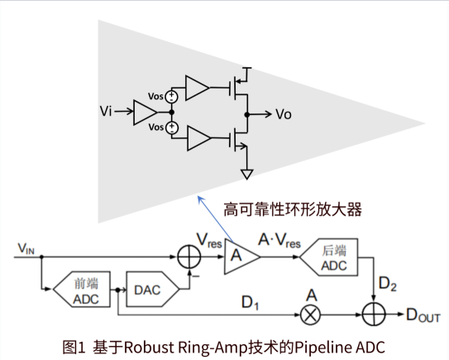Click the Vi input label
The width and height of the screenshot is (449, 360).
[106, 111]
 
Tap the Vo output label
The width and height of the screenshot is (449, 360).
[284, 114]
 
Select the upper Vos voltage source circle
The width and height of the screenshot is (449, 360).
[171, 96]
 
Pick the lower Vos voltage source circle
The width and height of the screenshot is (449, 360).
[172, 127]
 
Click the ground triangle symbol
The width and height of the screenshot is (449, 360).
[247, 175]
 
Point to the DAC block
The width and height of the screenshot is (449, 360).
[153, 289]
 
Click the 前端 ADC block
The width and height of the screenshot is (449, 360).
[82, 290]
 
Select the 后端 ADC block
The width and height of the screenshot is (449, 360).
[329, 257]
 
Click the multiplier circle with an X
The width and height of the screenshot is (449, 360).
[310, 314]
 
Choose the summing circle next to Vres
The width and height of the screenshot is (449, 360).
[189, 257]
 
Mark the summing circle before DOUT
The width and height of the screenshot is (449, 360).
[374, 314]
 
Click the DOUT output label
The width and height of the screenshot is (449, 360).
[423, 315]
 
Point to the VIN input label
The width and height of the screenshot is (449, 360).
[26, 248]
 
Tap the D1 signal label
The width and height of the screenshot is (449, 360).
[250, 302]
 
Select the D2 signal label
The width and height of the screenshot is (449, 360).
[388, 284]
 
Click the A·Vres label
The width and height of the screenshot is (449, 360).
[279, 241]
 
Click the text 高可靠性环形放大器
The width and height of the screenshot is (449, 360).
[293, 209]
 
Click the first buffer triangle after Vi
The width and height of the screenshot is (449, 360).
[146, 113]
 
